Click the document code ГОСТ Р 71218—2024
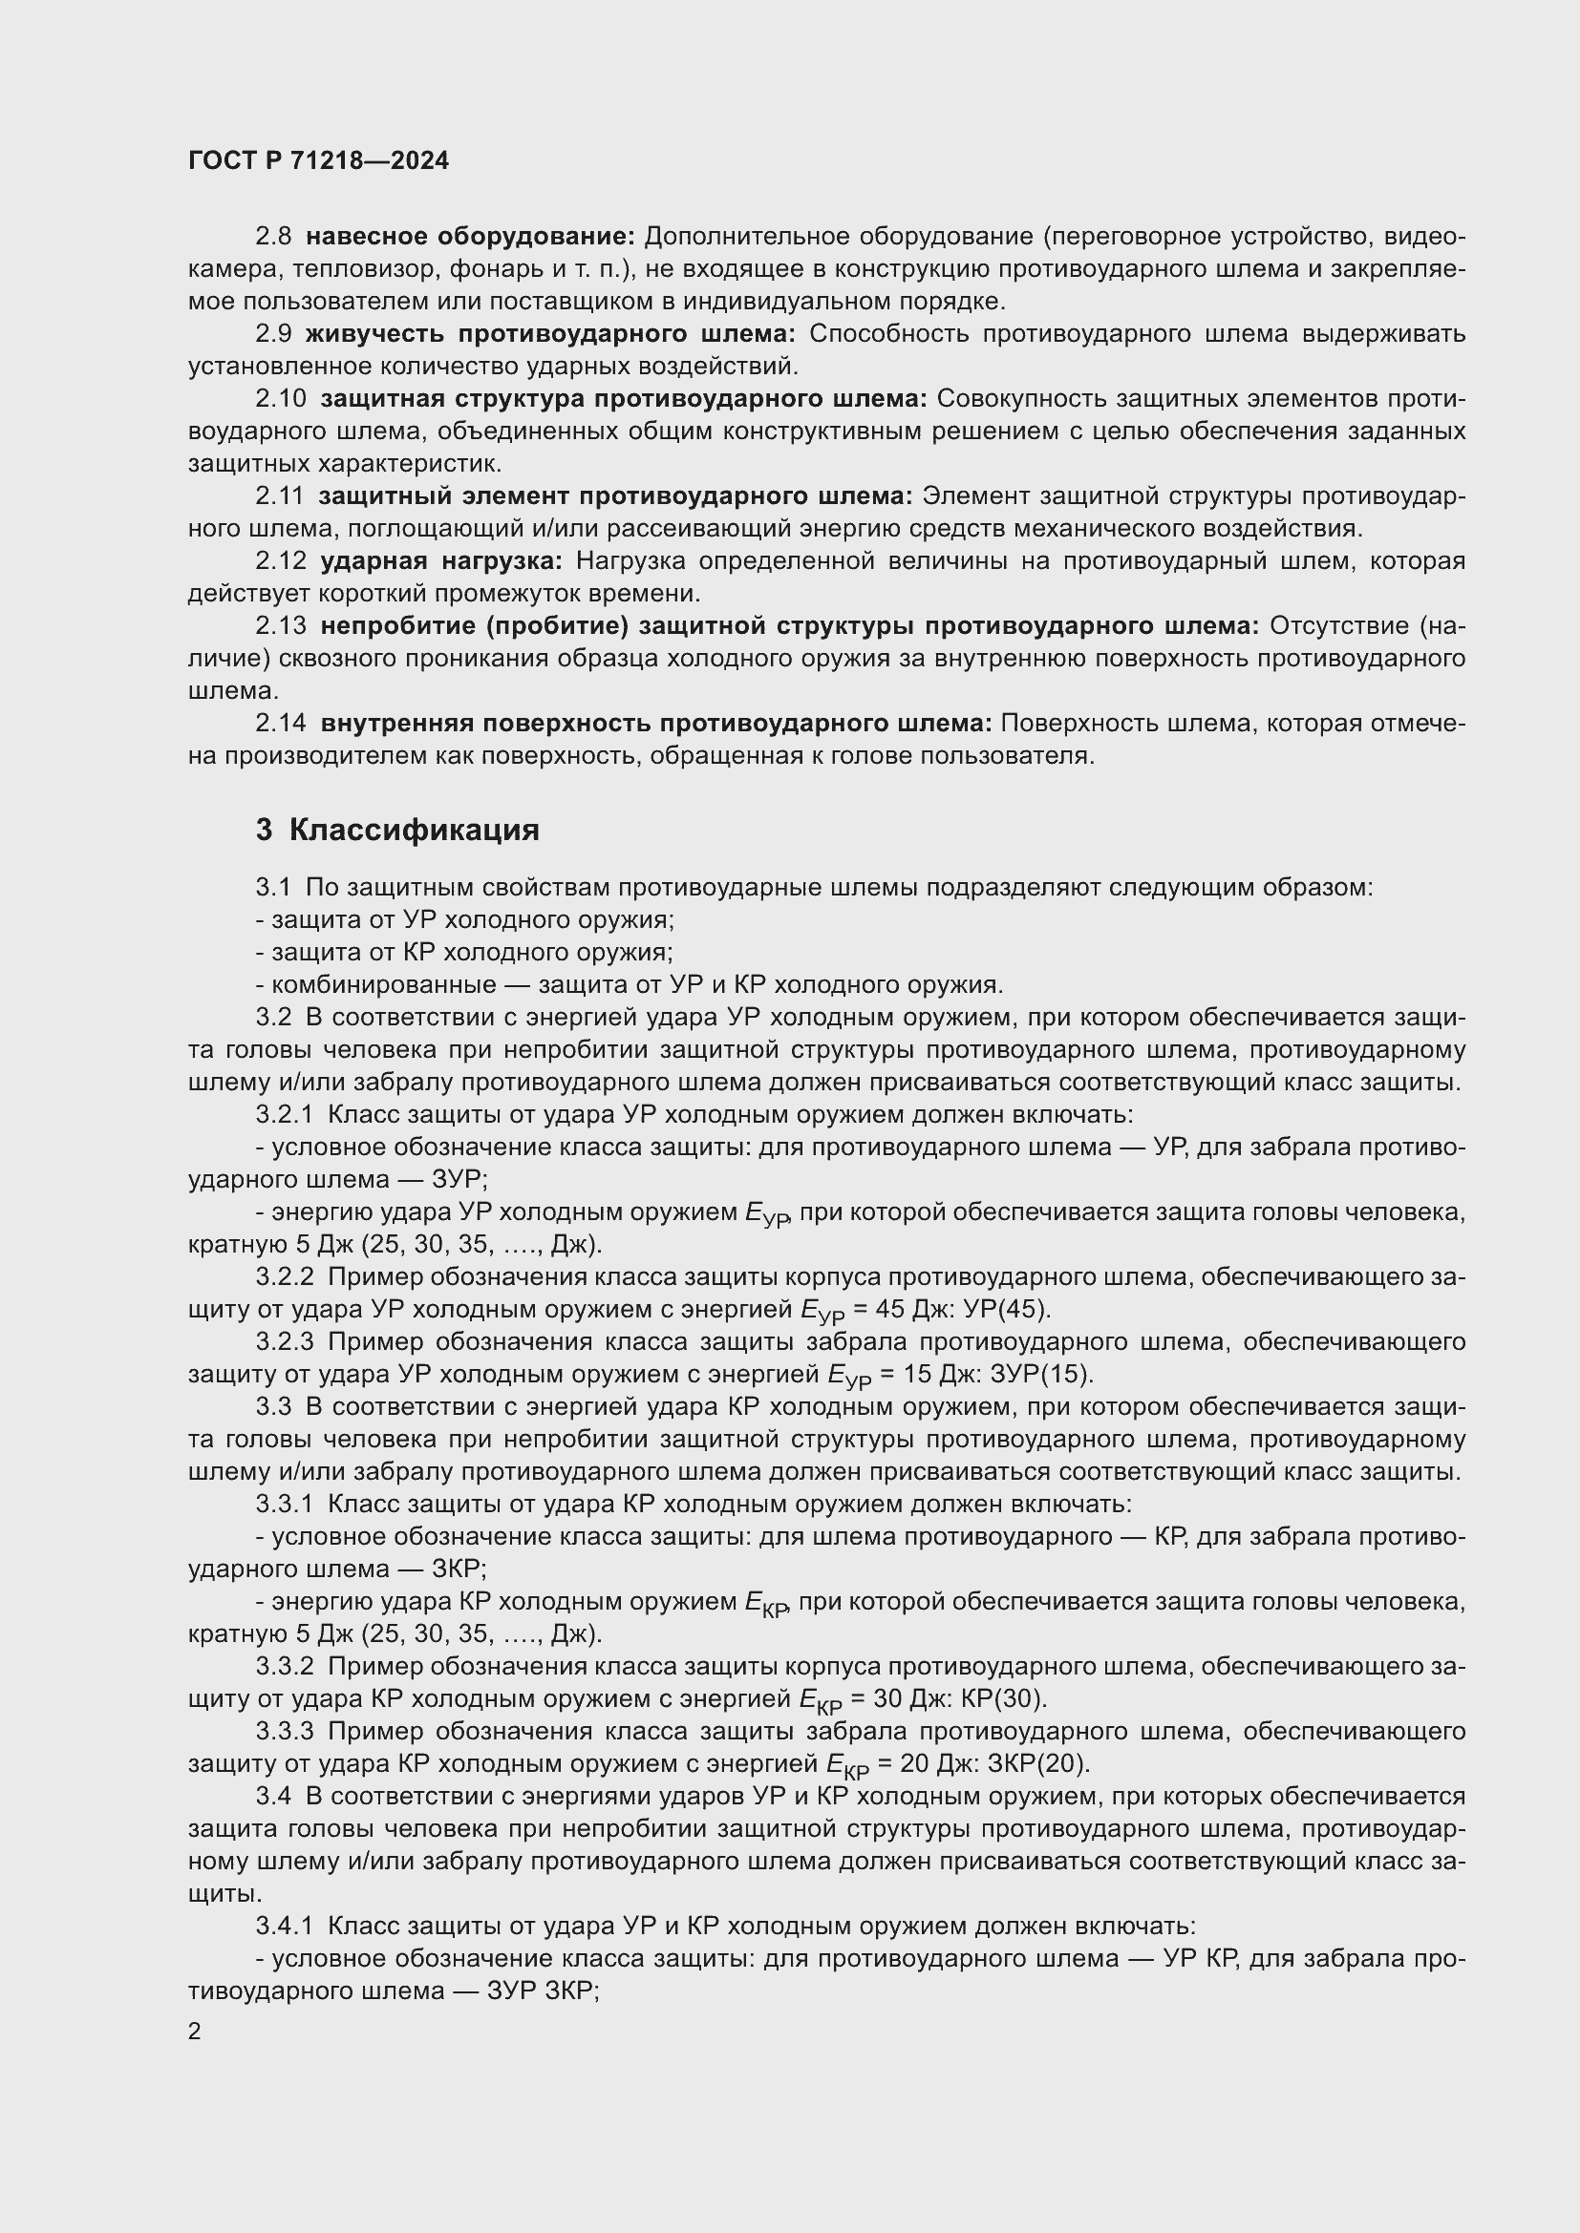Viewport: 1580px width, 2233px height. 318,161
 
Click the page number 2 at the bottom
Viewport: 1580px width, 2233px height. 195,2031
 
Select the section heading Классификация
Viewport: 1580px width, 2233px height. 414,830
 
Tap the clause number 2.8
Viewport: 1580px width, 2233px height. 273,237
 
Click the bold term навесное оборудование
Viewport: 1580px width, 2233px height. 470,237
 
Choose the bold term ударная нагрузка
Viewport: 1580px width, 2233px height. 440,561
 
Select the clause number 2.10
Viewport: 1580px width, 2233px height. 281,399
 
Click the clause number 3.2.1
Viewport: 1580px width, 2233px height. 284,1114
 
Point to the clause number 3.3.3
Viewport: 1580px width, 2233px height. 285,1731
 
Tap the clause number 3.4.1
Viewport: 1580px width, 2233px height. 284,1926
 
